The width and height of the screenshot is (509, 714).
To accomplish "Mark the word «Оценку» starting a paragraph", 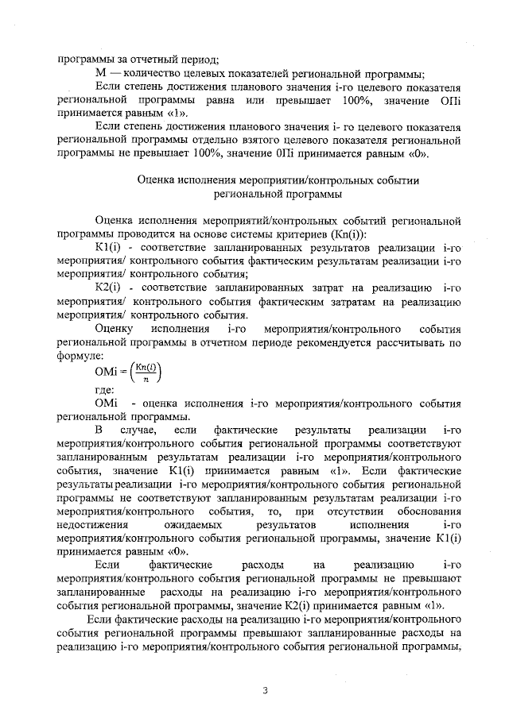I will click(x=113, y=328).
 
